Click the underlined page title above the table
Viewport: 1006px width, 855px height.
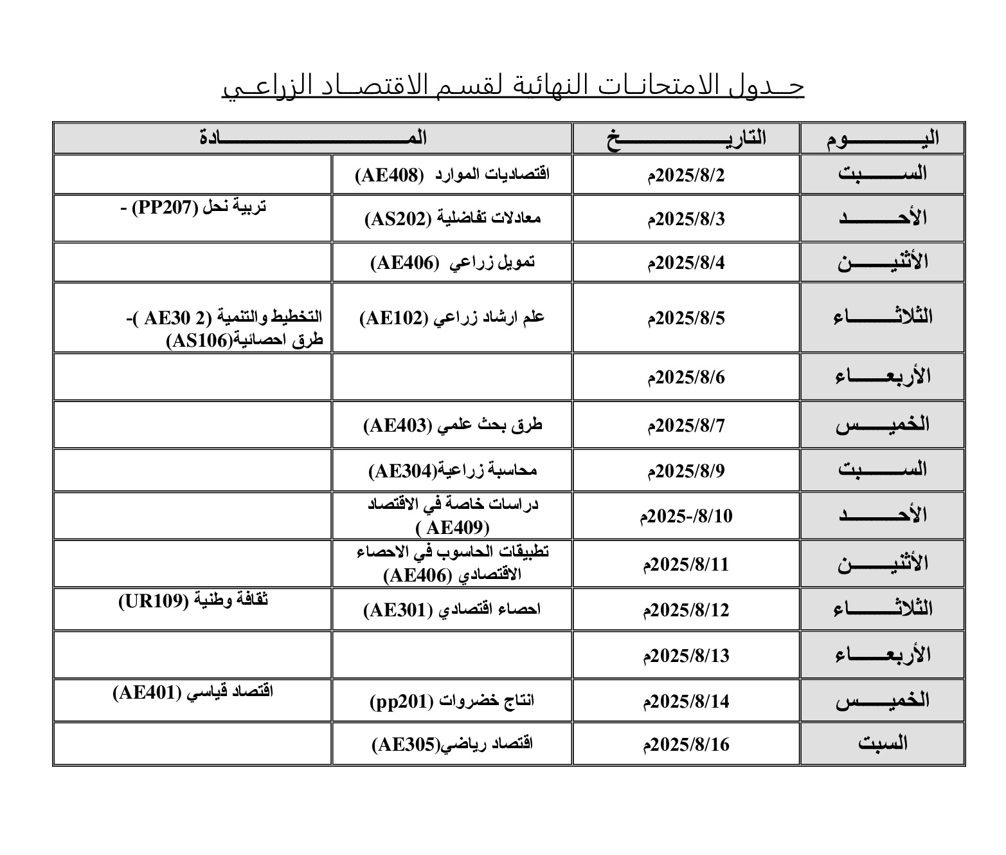tap(513, 87)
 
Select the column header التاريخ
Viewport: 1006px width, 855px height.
tap(686, 138)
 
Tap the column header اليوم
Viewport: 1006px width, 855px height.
tap(882, 138)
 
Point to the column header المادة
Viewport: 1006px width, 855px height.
tap(313, 138)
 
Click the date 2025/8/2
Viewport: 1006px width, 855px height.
tap(686, 175)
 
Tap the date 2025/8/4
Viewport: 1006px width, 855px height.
tap(686, 262)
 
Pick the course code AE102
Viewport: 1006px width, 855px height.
tap(393, 318)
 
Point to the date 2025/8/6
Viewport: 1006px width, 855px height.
tap(686, 377)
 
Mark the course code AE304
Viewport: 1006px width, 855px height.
tap(403, 472)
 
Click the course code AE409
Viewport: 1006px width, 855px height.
tap(453, 528)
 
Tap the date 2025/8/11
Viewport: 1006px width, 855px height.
tap(686, 565)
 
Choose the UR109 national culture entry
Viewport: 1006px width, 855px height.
tap(193, 601)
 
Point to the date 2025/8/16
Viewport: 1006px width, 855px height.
tap(686, 745)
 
